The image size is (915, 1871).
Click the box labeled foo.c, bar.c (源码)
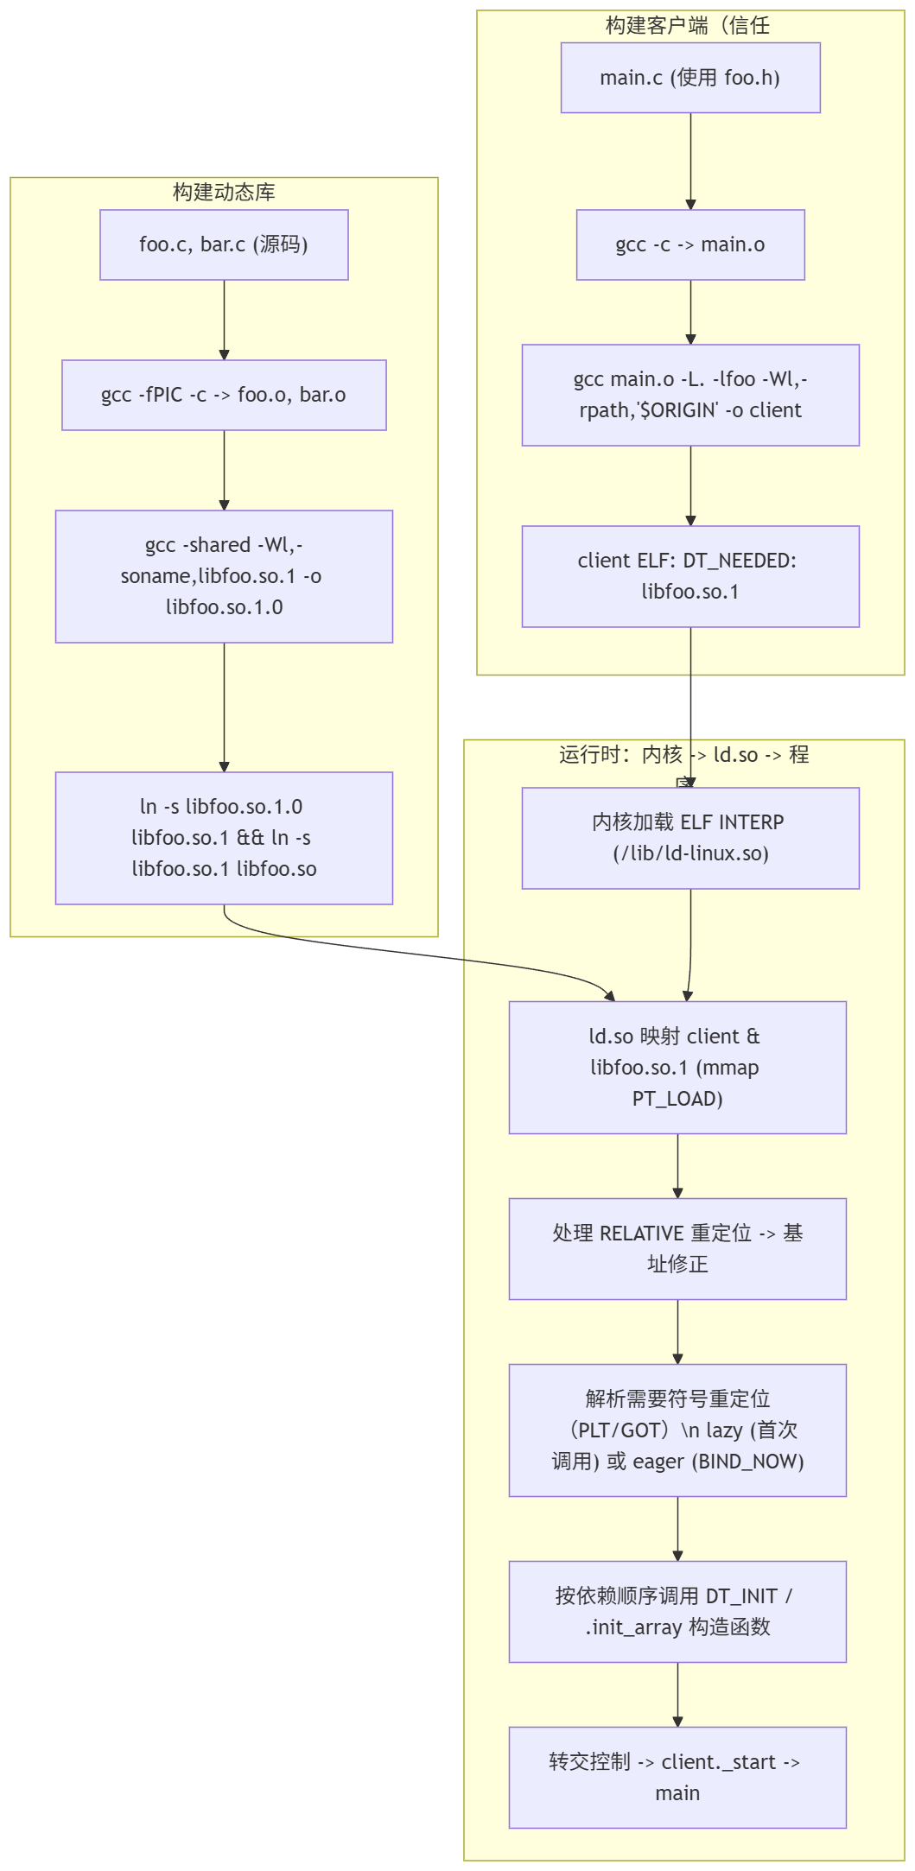point(224,244)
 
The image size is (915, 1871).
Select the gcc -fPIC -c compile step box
point(224,395)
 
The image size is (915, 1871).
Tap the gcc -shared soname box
point(224,576)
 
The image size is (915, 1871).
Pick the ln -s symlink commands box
point(224,838)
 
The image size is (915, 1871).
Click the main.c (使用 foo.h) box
point(690,78)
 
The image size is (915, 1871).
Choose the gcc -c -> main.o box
point(690,244)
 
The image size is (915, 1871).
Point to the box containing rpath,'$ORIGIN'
point(690,395)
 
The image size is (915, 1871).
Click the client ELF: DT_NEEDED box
point(690,576)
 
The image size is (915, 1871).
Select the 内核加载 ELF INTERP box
point(690,838)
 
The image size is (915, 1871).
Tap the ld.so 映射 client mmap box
point(677,1067)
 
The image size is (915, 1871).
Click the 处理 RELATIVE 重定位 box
point(677,1248)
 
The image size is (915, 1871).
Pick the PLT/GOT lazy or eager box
point(677,1430)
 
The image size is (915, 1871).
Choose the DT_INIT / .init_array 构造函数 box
point(677,1611)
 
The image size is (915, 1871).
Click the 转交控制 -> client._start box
point(677,1777)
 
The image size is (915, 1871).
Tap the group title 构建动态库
point(224,192)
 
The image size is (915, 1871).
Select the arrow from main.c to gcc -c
point(690,161)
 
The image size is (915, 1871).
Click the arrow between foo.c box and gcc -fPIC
point(224,320)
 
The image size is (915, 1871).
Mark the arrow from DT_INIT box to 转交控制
point(677,1694)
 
